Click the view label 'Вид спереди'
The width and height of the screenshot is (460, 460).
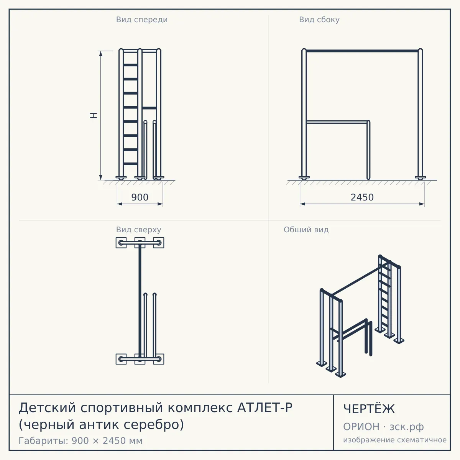tap(142, 20)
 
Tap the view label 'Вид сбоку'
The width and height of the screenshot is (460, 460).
tap(319, 20)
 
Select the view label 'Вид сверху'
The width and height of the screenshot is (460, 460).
tap(138, 230)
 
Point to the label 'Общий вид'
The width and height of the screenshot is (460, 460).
tap(306, 230)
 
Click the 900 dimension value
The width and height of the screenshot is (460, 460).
tap(140, 197)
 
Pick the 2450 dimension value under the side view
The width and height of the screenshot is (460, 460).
tap(362, 197)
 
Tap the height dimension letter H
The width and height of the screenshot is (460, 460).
tap(94, 115)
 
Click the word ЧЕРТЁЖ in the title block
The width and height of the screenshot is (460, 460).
tap(369, 409)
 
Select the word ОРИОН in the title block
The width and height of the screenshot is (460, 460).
tap(361, 427)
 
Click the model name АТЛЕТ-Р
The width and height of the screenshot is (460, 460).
tap(264, 408)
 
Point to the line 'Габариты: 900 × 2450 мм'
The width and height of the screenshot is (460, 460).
tap(80, 441)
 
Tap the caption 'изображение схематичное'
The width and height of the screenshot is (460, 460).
tap(395, 440)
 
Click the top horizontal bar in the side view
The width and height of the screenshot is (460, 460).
tap(362, 51)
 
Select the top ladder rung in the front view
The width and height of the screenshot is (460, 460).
tap(130, 65)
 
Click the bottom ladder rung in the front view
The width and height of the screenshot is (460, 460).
tap(130, 164)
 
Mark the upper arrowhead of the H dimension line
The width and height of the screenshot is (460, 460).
tap(101, 53)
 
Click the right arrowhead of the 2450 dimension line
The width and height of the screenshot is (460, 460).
tap(422, 204)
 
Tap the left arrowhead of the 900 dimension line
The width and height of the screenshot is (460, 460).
tap(120, 204)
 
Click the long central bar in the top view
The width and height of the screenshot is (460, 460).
tap(140, 301)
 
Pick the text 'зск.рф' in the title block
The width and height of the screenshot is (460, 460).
tap(407, 427)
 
